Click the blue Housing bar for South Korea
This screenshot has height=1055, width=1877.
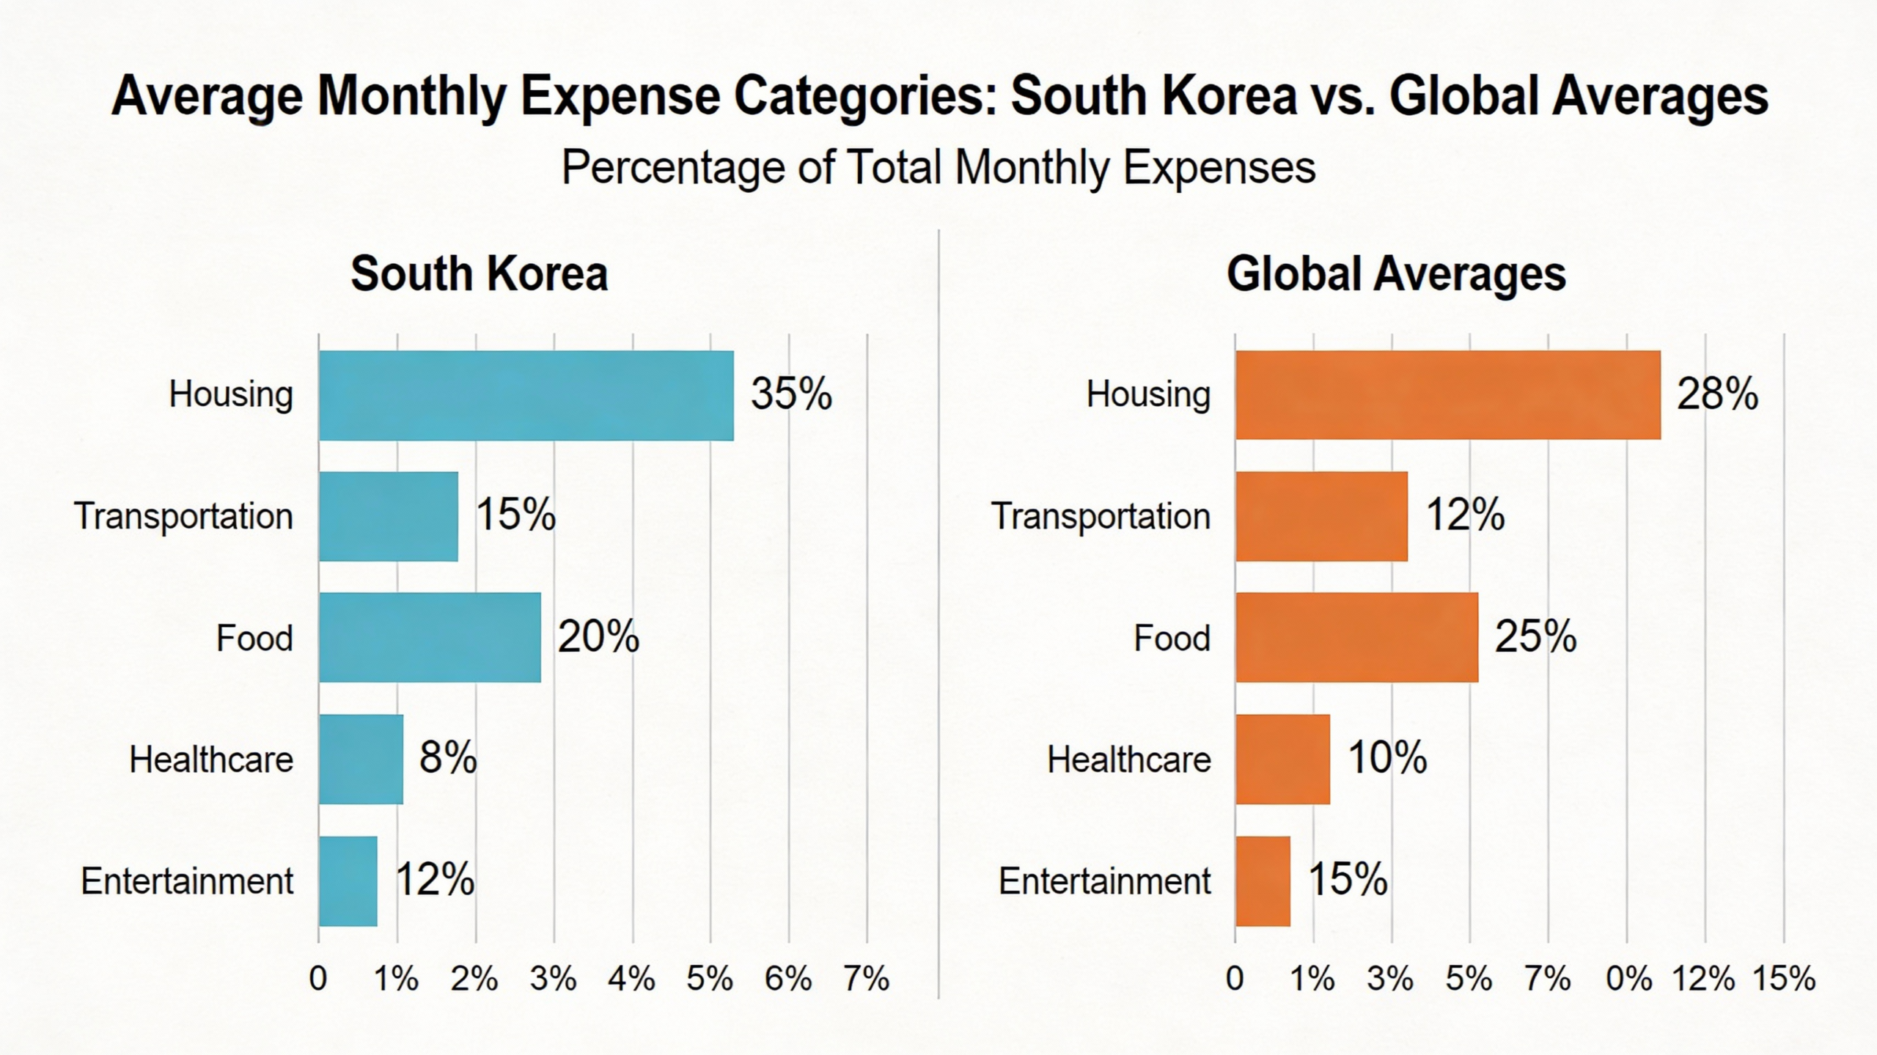click(x=526, y=395)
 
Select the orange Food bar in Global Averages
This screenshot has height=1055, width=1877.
click(x=1356, y=637)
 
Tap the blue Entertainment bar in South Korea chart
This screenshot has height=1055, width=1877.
click(x=348, y=881)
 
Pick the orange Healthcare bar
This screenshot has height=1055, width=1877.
click(x=1282, y=759)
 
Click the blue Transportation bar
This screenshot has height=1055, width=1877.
click(x=389, y=516)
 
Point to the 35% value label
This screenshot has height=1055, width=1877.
click(x=791, y=394)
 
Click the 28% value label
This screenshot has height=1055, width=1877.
click(x=1717, y=394)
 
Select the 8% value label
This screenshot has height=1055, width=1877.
click(x=447, y=757)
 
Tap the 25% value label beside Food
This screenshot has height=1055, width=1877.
click(x=1535, y=636)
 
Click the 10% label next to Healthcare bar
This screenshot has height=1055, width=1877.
click(x=1387, y=757)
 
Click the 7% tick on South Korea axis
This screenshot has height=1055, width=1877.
click(x=866, y=979)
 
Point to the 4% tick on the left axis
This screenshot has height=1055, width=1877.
click(x=631, y=979)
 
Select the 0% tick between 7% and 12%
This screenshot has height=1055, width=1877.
click(x=1628, y=979)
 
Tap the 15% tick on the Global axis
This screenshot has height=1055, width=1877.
click(x=1783, y=979)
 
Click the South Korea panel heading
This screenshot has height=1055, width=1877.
click(x=479, y=274)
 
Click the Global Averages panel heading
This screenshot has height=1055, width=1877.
click(x=1396, y=274)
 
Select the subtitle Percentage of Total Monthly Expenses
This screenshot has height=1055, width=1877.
click(x=938, y=167)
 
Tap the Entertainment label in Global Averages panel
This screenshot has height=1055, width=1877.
click(x=1104, y=881)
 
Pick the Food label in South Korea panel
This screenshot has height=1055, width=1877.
click(x=254, y=638)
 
